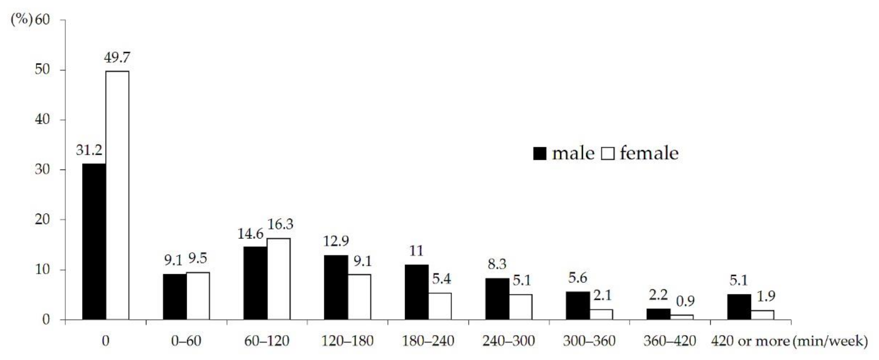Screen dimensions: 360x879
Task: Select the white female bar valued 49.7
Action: point(117,195)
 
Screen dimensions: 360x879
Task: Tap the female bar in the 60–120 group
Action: point(279,279)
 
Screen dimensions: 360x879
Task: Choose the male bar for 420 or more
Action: point(739,307)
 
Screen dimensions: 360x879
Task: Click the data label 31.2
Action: point(89,150)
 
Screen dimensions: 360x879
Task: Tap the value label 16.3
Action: point(280,224)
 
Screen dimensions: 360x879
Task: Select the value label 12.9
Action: point(336,241)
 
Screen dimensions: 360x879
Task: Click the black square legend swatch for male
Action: point(540,154)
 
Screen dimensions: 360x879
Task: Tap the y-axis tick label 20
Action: point(42,219)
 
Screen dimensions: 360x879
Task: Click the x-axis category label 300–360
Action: point(589,341)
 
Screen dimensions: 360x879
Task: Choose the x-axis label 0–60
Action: point(186,341)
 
